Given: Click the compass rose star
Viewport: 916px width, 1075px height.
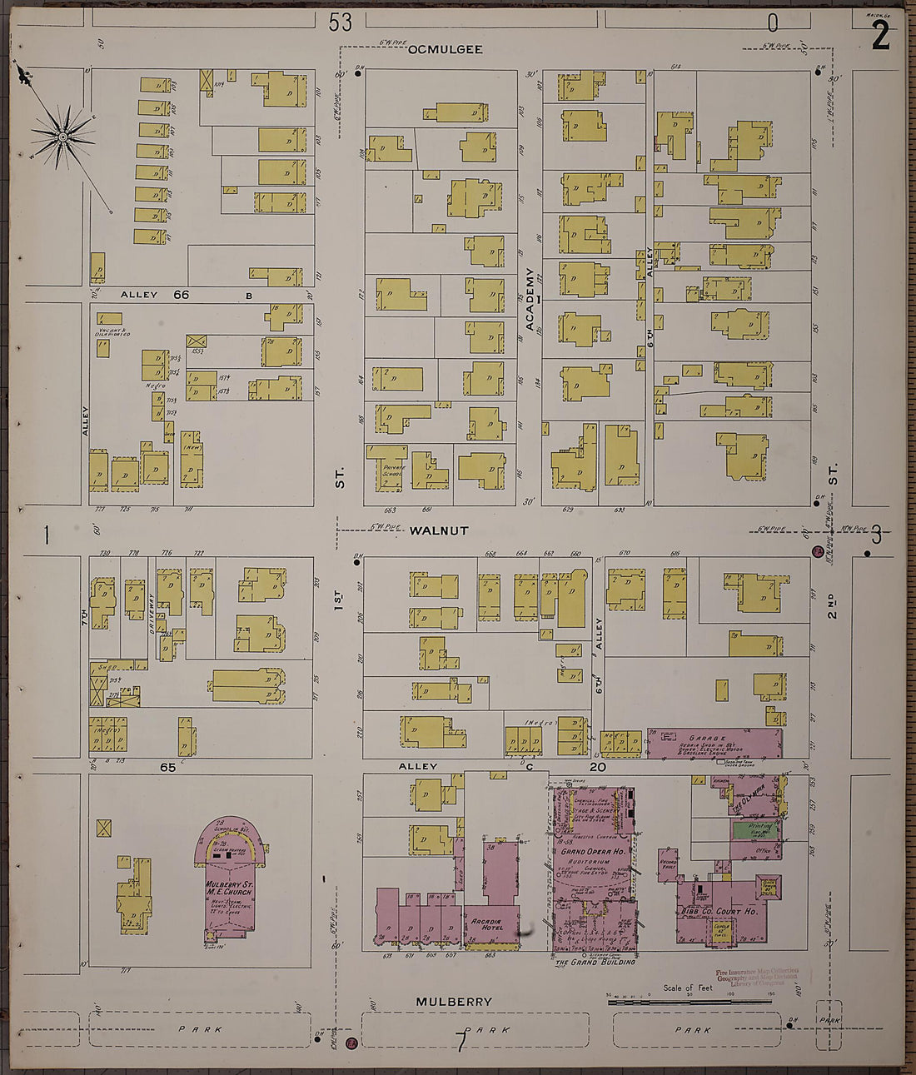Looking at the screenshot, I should click(62, 136).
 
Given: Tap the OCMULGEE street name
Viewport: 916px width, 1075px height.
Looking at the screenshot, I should click(445, 50).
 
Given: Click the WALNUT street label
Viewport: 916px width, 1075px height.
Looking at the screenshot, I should click(440, 530).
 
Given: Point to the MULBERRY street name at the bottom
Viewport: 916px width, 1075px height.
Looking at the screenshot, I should click(454, 1002).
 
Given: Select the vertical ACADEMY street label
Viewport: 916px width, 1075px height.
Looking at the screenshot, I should click(529, 299).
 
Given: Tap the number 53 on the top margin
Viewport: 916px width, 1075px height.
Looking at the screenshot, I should click(340, 22).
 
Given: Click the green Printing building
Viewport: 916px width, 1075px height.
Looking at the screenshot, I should click(754, 830).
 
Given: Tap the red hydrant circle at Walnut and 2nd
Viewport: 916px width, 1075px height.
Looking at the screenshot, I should click(818, 552).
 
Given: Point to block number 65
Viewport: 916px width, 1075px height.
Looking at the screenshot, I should click(168, 767).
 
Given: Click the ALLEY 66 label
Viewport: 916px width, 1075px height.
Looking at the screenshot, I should click(156, 295).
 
